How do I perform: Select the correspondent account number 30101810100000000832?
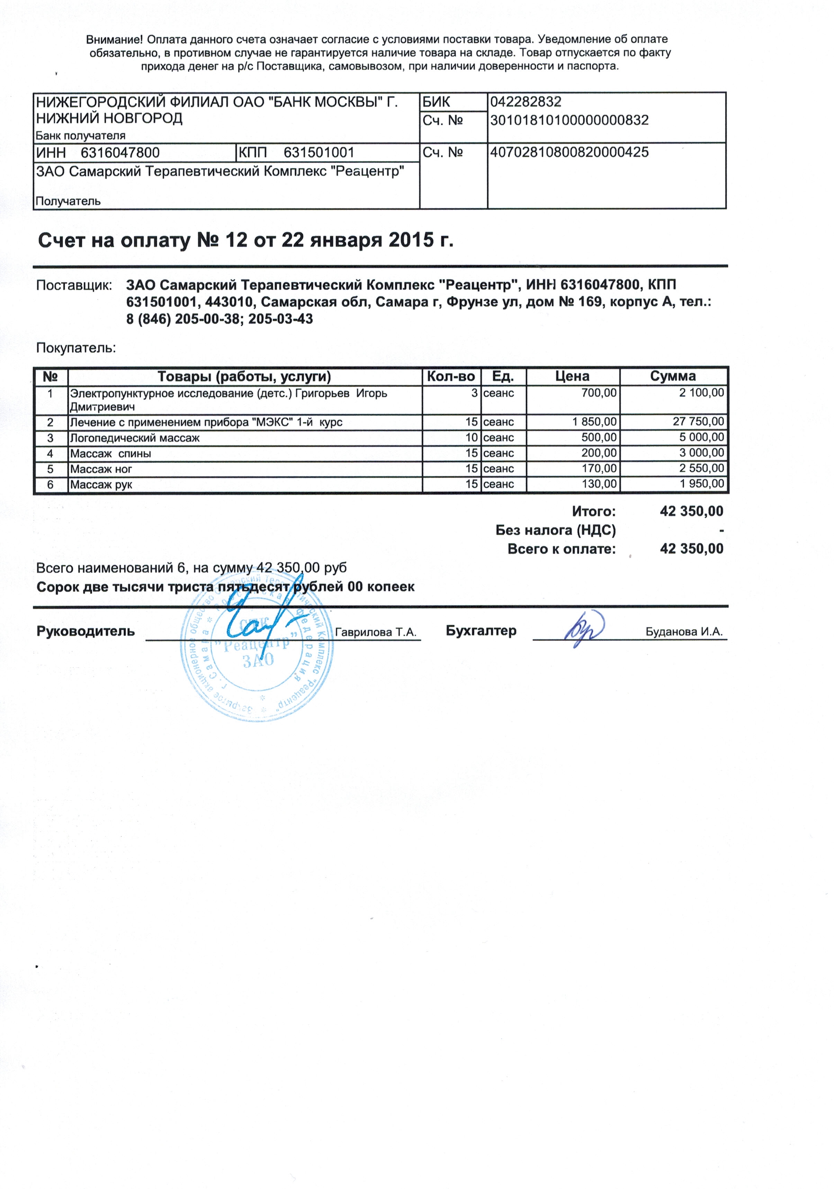pos(569,121)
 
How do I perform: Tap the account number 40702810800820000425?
pos(569,153)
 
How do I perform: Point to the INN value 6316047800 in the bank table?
pos(120,153)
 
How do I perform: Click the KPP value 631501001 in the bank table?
pos(319,153)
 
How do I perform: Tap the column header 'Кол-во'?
pos(451,376)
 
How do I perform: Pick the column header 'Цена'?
pos(572,376)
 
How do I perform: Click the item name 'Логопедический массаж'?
pos(135,438)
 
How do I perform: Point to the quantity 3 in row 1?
pos(474,393)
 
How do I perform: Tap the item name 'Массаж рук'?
pos(101,485)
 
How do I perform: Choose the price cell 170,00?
pos(599,469)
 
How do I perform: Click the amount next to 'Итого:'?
pos(691,512)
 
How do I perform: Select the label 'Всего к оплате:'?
pos(562,549)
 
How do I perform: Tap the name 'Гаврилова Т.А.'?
pos(376,632)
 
